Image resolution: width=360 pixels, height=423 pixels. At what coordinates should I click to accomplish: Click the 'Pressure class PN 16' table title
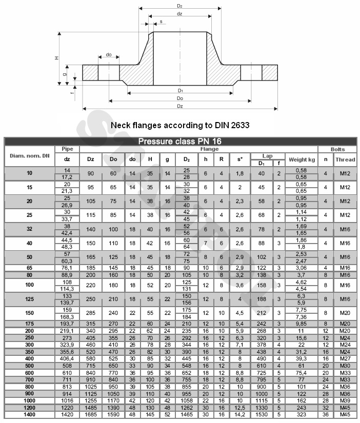pos(179,142)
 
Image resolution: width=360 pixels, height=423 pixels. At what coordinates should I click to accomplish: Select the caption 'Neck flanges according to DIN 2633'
pos(179,125)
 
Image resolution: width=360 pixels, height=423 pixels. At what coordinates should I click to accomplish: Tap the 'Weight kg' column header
pos(302,159)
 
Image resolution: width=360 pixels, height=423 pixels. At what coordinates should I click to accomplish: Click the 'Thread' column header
pos(345,159)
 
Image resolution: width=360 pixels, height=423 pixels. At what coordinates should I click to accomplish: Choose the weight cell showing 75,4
pos(302,372)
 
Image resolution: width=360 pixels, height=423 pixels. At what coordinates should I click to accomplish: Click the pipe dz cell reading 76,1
pos(67,268)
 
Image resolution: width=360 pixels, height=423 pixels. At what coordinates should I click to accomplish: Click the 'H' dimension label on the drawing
pos(57,58)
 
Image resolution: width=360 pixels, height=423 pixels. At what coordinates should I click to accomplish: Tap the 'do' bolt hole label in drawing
pos(109,54)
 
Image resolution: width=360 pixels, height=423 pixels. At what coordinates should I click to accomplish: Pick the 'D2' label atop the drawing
pos(179,6)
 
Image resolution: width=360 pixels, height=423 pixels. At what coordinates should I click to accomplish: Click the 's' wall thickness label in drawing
pos(161,22)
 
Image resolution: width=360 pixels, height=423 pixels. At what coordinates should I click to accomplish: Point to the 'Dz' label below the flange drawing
pos(179,106)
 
